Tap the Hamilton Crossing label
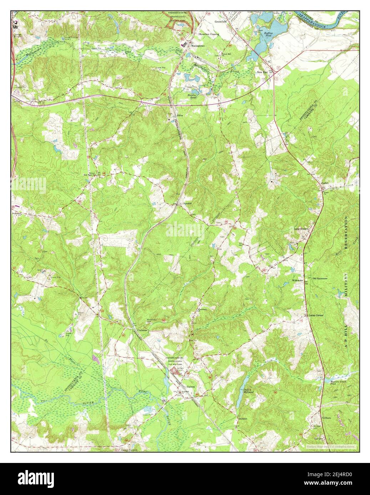click(209, 34)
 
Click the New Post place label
click(262, 72)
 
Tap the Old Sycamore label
click(320, 278)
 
